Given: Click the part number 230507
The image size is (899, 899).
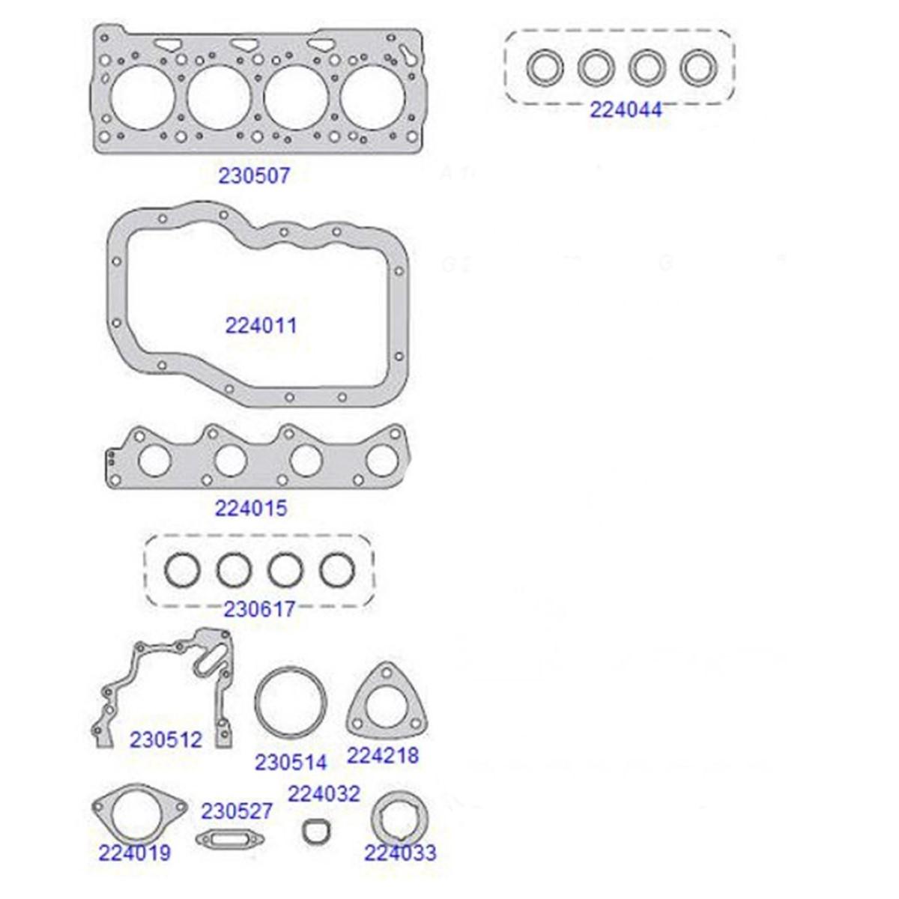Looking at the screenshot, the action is (254, 176).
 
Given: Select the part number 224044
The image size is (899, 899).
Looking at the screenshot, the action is (626, 110).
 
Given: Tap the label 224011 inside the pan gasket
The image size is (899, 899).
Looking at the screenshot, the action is (261, 326).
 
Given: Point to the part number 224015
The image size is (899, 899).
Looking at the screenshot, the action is (251, 509).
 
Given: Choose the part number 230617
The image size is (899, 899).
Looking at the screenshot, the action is (259, 609).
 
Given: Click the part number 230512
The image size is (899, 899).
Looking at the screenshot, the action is (166, 739).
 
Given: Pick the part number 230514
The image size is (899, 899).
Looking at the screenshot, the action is (291, 763).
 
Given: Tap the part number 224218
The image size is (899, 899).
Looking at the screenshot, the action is (383, 756).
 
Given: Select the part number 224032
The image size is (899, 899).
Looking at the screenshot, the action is (324, 793).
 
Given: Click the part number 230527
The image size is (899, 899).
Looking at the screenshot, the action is (237, 811).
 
